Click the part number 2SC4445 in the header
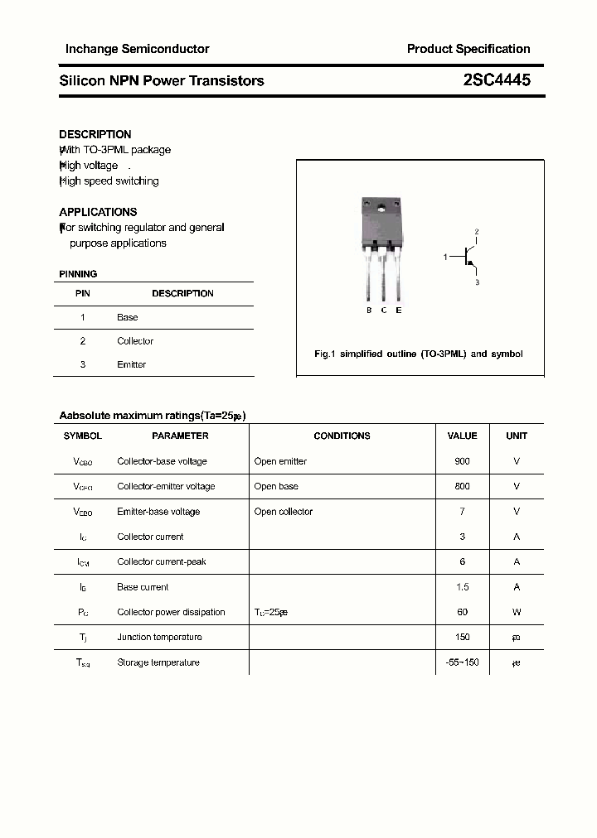[x=497, y=80]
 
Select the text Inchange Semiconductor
[x=137, y=49]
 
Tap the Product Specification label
[x=468, y=49]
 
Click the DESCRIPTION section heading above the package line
[x=95, y=134]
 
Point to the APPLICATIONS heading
[x=98, y=212]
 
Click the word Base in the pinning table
[x=127, y=317]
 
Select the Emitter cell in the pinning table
[x=131, y=364]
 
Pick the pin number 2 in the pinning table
[x=83, y=341]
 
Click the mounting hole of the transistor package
[x=382, y=208]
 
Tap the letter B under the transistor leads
[x=369, y=311]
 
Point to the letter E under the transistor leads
[x=399, y=311]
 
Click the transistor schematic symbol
[x=470, y=258]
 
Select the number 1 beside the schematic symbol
[x=445, y=258]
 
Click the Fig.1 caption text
[x=419, y=354]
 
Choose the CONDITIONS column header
[x=342, y=436]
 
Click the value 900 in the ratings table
[x=462, y=461]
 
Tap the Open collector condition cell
[x=284, y=512]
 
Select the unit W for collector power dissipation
[x=517, y=612]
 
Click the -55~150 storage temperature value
[x=462, y=662]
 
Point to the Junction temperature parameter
[x=159, y=638]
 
